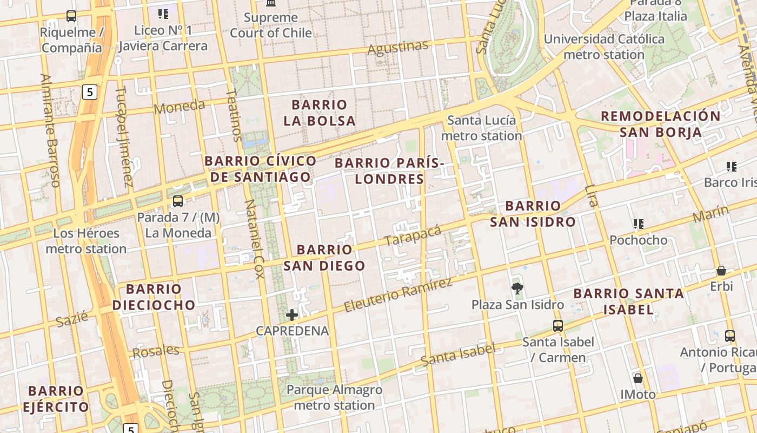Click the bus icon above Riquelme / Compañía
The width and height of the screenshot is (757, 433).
coord(71,16)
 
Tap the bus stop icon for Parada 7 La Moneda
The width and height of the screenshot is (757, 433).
coord(177,201)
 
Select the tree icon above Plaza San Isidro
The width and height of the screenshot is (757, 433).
coord(517,288)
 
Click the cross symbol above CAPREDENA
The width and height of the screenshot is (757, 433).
coord(292,314)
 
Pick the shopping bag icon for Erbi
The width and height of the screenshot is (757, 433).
coord(721,271)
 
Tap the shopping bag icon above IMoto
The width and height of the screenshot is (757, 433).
coord(638,378)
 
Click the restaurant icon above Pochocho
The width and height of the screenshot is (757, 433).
coord(638,224)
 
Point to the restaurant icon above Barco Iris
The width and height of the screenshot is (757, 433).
coord(732,166)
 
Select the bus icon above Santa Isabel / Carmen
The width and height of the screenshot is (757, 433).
coord(557,326)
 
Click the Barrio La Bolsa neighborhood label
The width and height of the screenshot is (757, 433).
coord(320,113)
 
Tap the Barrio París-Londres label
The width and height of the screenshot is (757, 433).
coord(389,170)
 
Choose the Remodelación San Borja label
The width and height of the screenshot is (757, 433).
coord(661,124)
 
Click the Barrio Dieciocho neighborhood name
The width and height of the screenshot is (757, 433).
coord(154,297)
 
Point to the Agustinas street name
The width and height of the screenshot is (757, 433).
coord(398,48)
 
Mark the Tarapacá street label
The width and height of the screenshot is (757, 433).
coord(413,235)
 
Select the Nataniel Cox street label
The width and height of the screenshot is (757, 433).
coord(254,239)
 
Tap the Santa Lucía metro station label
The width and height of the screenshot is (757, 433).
coord(481,128)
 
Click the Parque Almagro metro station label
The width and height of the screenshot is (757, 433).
coord(334,397)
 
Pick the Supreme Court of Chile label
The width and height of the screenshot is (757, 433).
coord(271,25)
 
